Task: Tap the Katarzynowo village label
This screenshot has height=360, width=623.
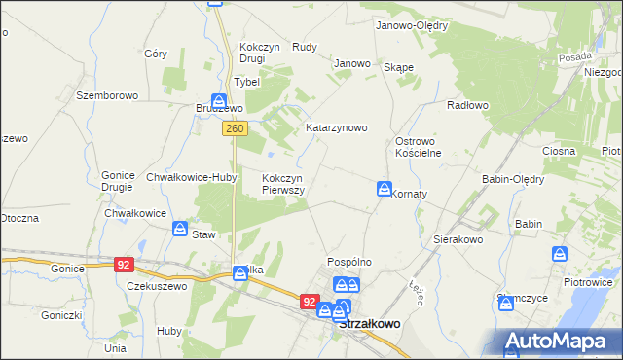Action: pyautogui.click(x=336, y=127)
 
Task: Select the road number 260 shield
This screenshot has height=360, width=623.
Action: pyautogui.click(x=234, y=127)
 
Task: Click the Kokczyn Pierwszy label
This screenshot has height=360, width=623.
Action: pyautogui.click(x=284, y=184)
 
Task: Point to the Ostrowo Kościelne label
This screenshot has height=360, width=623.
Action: pyautogui.click(x=419, y=147)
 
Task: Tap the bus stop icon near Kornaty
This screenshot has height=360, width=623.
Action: pyautogui.click(x=385, y=188)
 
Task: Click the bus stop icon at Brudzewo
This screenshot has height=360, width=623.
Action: pyautogui.click(x=220, y=100)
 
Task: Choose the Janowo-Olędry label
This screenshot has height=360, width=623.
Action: pyautogui.click(x=411, y=25)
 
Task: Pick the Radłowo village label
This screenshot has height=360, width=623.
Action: pyautogui.click(x=466, y=104)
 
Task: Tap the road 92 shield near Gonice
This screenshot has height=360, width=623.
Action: pyautogui.click(x=123, y=264)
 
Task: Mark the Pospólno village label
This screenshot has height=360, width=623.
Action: pyautogui.click(x=350, y=262)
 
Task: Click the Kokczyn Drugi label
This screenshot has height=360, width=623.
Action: pyautogui.click(x=260, y=53)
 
